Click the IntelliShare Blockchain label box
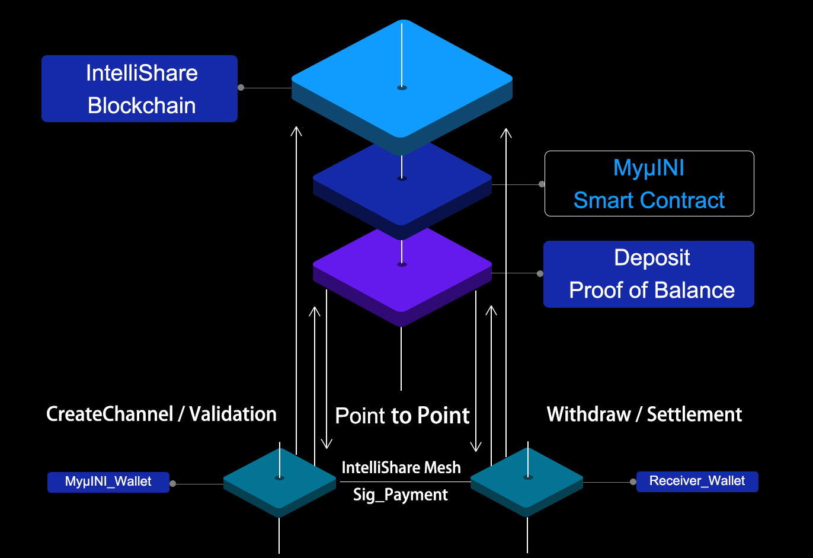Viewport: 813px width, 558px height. (x=139, y=88)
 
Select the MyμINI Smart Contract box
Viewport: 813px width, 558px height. (x=649, y=184)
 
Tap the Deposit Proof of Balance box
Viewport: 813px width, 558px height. (x=648, y=274)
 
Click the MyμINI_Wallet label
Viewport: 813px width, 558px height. (x=108, y=482)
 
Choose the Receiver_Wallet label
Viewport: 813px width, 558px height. (x=697, y=481)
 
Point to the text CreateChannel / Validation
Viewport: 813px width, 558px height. (x=161, y=414)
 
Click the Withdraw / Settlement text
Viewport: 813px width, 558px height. (x=644, y=414)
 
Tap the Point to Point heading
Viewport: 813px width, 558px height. (x=402, y=416)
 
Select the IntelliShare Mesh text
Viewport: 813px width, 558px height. (x=401, y=468)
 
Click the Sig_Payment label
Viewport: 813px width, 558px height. (x=401, y=495)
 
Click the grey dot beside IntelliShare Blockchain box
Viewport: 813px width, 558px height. (x=241, y=88)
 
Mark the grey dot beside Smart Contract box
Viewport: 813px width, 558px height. (x=542, y=184)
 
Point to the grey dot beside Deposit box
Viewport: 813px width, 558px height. (x=540, y=274)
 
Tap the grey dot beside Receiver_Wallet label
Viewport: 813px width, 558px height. (x=633, y=482)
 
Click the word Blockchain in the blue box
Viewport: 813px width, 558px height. (x=142, y=106)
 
